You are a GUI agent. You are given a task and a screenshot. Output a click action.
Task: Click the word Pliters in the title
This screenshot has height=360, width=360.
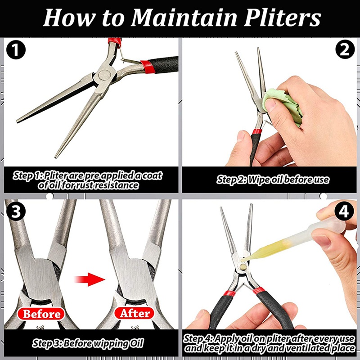click(x=282, y=18)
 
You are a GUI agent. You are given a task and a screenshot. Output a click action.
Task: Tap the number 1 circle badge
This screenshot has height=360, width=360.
click(x=16, y=49)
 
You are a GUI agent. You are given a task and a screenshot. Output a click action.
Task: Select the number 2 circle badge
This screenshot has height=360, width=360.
click(x=345, y=49)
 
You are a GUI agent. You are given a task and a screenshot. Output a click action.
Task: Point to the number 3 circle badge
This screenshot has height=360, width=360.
click(x=16, y=211)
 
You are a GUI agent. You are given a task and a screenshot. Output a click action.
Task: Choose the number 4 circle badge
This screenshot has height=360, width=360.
click(x=344, y=211)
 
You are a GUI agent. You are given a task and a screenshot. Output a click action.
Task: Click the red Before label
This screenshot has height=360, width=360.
click(x=41, y=314)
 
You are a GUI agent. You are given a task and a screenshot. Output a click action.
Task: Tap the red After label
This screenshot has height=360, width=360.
click(x=134, y=313)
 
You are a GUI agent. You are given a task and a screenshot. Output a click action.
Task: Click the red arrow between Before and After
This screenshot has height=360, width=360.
click(x=90, y=279)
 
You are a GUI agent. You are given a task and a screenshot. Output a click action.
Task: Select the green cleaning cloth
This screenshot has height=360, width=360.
click(x=283, y=106)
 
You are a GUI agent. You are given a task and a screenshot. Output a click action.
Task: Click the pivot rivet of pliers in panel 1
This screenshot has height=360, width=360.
click(x=104, y=75)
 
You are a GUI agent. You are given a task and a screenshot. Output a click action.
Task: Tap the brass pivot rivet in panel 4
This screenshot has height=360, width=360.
click(x=243, y=266)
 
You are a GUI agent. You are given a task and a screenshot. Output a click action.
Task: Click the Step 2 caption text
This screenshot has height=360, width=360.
click(x=273, y=180)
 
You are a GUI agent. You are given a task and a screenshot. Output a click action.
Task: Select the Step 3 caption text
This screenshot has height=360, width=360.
click(x=88, y=343)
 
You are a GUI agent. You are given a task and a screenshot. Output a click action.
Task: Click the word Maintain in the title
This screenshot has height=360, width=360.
click(x=184, y=18)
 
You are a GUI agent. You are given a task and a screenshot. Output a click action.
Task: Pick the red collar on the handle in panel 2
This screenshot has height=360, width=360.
click(x=257, y=131)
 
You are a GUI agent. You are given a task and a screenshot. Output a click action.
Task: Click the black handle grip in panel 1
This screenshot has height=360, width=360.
click(x=163, y=64)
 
